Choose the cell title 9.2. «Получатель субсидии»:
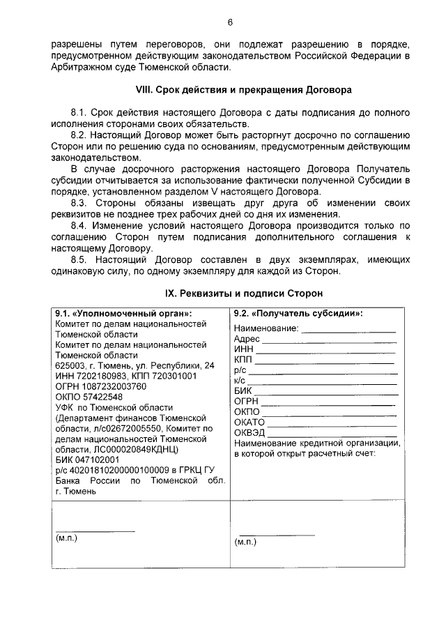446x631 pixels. pos(298,313)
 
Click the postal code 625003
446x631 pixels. pos(71,365)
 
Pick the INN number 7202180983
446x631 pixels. pos(95,376)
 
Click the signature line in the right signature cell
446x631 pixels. pos(276,535)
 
